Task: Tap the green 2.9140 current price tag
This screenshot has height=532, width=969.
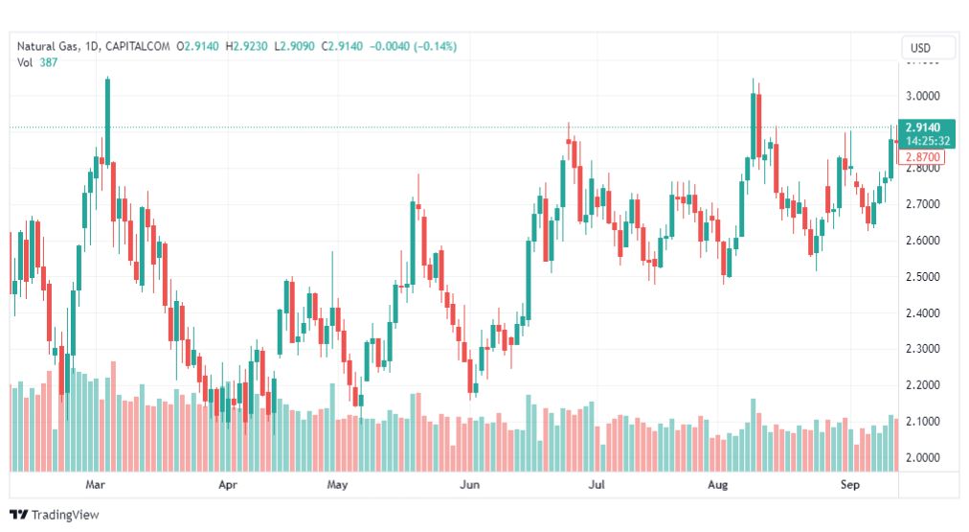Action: [926, 133]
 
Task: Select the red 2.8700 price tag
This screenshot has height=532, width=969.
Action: [921, 157]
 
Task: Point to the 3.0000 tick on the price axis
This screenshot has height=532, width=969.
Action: [923, 96]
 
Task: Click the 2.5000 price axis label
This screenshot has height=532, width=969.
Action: [923, 276]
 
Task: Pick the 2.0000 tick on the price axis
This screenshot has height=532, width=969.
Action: [923, 458]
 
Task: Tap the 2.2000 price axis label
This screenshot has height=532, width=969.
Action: [923, 384]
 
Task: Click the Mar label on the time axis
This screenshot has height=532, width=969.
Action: [95, 484]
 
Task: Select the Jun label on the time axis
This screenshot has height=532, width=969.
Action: [470, 484]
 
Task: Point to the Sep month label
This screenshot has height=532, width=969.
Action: [849, 484]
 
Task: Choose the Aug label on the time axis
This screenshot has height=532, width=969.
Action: [717, 484]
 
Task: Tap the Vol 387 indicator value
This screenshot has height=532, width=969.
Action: [37, 62]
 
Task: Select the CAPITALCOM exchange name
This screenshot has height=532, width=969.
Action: [137, 46]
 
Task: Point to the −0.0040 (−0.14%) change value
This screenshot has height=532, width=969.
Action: [413, 46]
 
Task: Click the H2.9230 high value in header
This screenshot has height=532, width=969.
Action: [247, 46]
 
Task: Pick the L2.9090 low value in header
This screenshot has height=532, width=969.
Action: [294, 46]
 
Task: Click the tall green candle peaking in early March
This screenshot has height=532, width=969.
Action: [107, 121]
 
